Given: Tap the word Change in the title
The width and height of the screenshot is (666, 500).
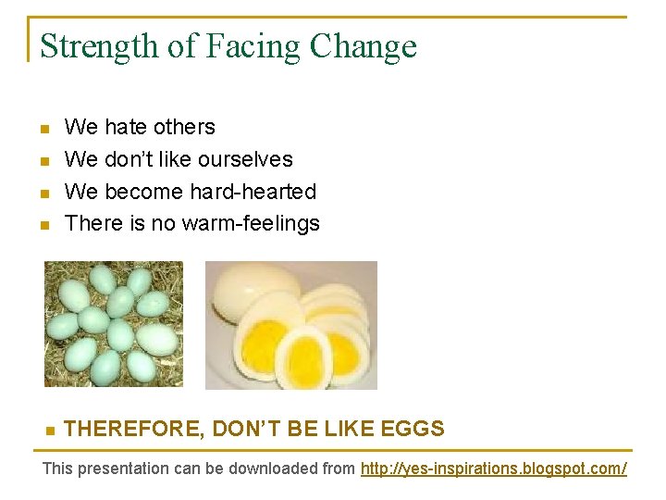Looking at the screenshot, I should coord(364,46).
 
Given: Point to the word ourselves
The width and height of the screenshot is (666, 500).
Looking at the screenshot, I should coord(248,159).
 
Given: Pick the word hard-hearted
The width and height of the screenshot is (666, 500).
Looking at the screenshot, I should coord(253,192).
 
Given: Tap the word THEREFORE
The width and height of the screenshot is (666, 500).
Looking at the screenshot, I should coord(133,429).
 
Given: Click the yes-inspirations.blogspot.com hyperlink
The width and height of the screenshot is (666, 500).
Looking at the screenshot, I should coord(493,469).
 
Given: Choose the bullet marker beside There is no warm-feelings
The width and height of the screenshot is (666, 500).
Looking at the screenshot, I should coord(43,225).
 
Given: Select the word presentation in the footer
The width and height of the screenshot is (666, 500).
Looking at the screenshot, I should coord(121,469).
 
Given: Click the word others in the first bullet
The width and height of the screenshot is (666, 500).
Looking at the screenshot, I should coord(185,127).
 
